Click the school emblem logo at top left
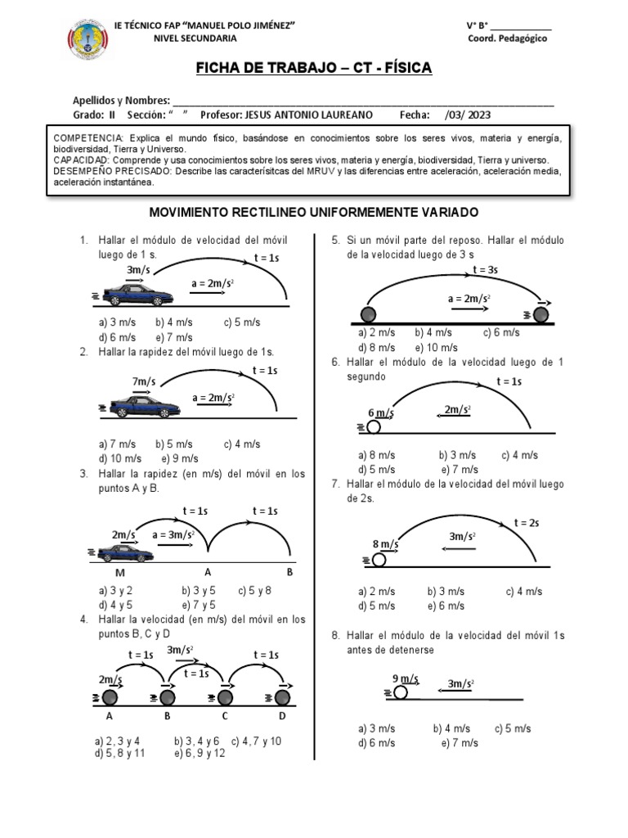point(87,41)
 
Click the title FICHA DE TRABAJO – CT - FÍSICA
point(313,67)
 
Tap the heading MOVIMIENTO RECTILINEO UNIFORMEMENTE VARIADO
point(313,212)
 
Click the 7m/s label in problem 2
point(144,381)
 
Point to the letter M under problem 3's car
point(119,572)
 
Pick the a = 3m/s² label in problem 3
point(173,535)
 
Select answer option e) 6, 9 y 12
point(200,753)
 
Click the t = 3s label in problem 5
point(485,270)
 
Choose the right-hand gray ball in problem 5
point(541,314)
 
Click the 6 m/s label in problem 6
point(381,412)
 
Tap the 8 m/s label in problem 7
point(386,543)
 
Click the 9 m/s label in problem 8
point(406,678)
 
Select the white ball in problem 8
point(401,692)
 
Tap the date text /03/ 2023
point(469,115)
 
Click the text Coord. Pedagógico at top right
point(508,39)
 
